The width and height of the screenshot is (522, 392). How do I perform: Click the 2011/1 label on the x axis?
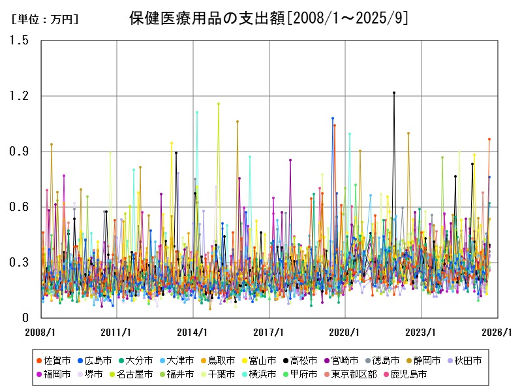pyautogui.click(x=117, y=332)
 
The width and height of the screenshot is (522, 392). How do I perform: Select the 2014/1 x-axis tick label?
pyautogui.click(x=193, y=332)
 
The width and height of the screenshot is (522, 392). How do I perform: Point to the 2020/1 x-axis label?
pyautogui.click(x=345, y=332)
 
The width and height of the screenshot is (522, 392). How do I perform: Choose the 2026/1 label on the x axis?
pyautogui.click(x=497, y=332)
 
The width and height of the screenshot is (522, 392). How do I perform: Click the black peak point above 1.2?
pyautogui.click(x=394, y=93)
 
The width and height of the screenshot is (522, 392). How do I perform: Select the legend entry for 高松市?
pyautogui.click(x=303, y=360)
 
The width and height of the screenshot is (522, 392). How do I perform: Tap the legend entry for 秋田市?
pyautogui.click(x=467, y=360)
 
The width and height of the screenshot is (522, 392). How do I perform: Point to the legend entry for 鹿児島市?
pyautogui.click(x=410, y=374)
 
